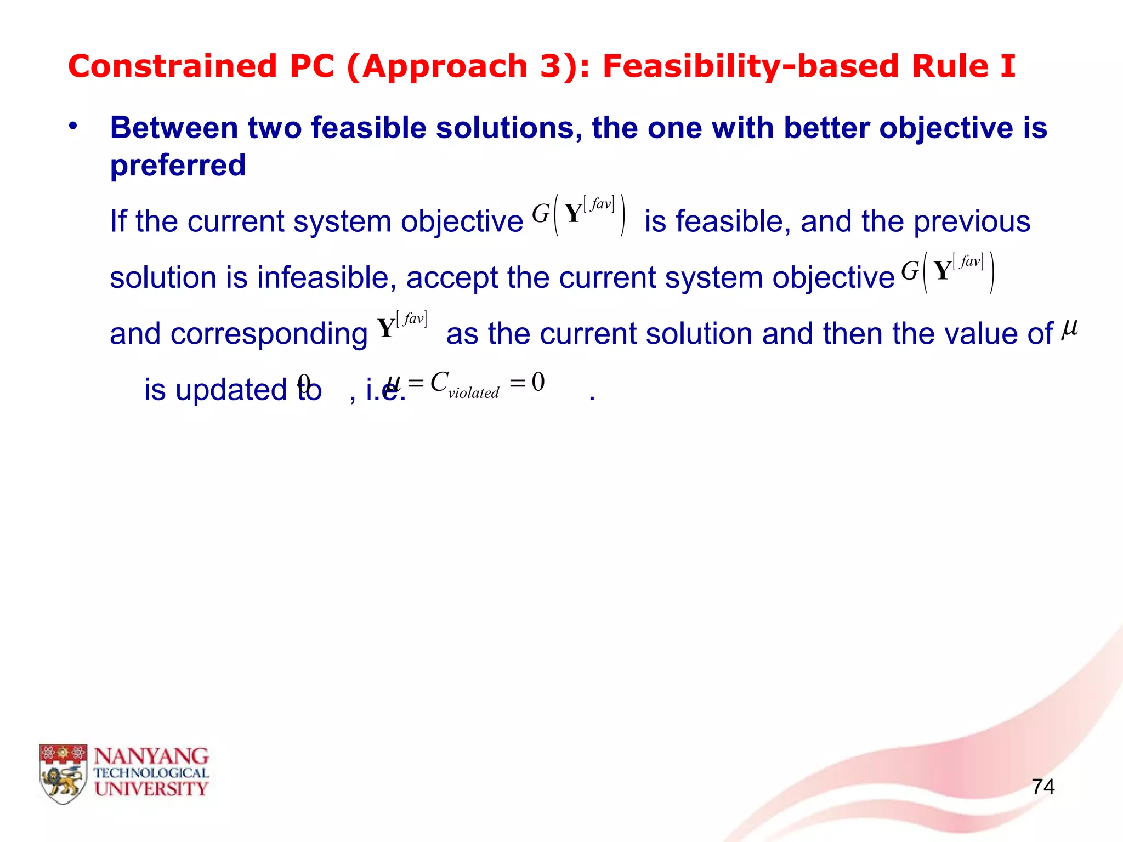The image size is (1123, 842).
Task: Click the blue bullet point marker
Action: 73,127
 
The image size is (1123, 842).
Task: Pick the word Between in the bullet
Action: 174,128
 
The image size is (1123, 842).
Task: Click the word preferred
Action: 178,165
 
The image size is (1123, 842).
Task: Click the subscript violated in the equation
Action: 473,392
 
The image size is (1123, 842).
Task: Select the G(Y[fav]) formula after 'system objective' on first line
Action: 578,214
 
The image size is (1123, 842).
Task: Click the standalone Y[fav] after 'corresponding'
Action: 402,326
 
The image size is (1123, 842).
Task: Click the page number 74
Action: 1043,787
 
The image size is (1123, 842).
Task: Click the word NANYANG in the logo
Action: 151,756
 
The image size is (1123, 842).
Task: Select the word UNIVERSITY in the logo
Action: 151,789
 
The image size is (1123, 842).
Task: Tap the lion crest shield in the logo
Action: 63,773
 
